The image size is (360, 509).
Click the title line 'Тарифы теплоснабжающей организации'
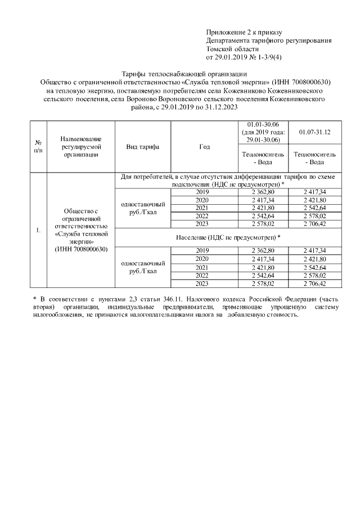point(184,74)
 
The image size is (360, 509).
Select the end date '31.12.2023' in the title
point(222,106)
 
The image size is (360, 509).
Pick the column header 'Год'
point(204,147)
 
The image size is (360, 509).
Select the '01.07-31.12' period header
point(314,132)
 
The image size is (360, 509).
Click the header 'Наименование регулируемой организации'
point(81,147)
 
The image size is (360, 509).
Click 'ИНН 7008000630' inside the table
point(81,249)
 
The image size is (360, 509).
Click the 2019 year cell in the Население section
point(202,250)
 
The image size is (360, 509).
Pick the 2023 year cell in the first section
point(202,224)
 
